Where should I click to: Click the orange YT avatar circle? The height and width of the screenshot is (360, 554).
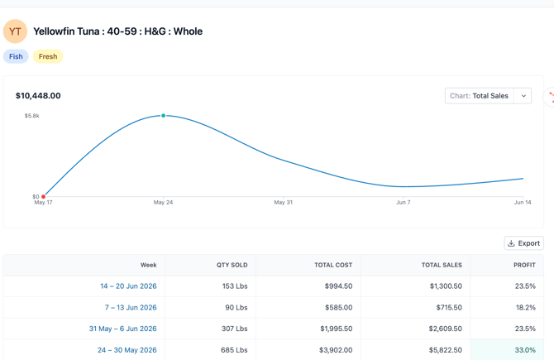click(x=15, y=31)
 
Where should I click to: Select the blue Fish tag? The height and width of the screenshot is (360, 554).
click(x=16, y=56)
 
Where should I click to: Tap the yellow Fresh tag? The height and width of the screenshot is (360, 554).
click(x=48, y=56)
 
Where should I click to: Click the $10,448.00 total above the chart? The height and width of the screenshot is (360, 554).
click(x=38, y=96)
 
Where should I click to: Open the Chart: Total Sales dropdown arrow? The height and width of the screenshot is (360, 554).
click(x=523, y=96)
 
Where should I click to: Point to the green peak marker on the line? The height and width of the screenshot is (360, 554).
click(x=163, y=116)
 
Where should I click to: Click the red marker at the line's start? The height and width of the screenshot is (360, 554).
click(x=44, y=197)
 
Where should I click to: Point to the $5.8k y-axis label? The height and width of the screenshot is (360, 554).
click(x=31, y=116)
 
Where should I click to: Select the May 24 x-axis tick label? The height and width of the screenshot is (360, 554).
click(x=163, y=203)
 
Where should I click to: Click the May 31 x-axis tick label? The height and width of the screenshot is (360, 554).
click(x=284, y=203)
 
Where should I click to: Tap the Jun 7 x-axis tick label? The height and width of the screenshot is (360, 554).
click(x=404, y=203)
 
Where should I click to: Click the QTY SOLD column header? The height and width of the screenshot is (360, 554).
click(x=232, y=265)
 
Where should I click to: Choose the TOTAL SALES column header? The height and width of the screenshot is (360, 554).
click(x=442, y=265)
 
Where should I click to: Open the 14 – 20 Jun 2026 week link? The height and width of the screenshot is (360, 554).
click(x=129, y=286)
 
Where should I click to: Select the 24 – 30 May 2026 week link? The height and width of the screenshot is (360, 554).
click(x=127, y=350)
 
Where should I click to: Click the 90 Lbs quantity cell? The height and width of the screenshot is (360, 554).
click(x=236, y=308)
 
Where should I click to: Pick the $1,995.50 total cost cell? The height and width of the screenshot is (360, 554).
click(x=337, y=329)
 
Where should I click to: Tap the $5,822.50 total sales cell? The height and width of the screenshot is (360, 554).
click(x=446, y=350)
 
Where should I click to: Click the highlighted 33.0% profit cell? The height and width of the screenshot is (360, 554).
click(x=507, y=350)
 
